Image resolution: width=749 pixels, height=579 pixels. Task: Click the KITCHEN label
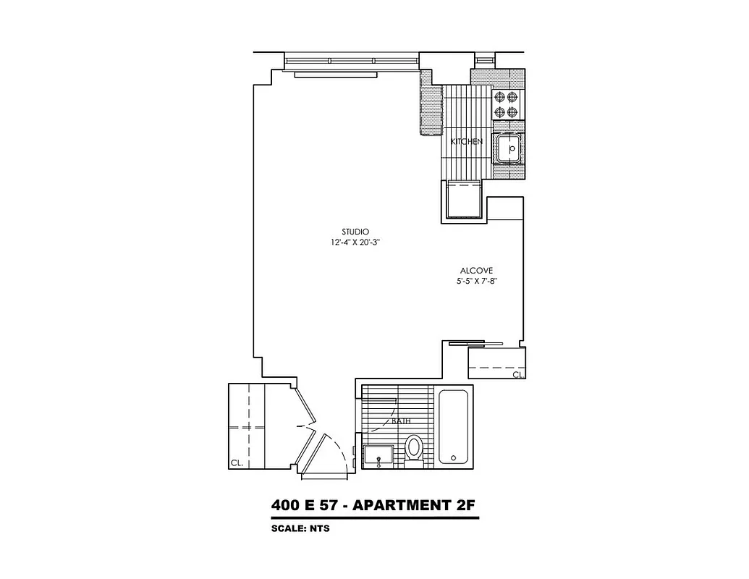(x=466, y=142)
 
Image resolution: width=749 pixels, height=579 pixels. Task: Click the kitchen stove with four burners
(x=506, y=103)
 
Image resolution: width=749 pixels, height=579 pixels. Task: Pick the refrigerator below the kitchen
(x=464, y=200)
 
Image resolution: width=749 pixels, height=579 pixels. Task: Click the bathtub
(x=454, y=427)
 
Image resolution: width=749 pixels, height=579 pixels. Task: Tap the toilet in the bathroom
(x=414, y=448)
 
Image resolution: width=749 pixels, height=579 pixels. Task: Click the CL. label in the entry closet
(x=237, y=462)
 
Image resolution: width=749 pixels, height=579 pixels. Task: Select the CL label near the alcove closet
(x=517, y=375)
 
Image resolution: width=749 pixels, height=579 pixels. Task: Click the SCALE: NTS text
(x=300, y=528)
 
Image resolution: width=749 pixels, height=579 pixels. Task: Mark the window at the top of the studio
(x=352, y=62)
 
